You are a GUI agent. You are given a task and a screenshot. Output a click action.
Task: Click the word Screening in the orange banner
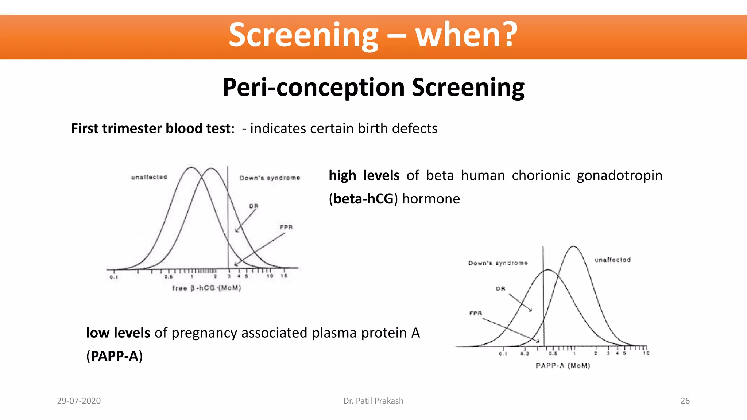[x=303, y=35]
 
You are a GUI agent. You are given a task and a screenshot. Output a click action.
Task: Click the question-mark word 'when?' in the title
[x=467, y=35]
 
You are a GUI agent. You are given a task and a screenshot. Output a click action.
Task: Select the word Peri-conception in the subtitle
[x=314, y=87]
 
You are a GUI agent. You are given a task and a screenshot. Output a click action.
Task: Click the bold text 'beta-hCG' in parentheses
[x=363, y=199]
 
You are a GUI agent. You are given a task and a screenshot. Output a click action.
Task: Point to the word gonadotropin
[x=619, y=176]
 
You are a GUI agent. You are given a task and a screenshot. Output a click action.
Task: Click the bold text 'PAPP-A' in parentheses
[x=115, y=356]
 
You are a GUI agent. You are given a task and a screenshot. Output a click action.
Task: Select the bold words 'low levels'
[x=118, y=333]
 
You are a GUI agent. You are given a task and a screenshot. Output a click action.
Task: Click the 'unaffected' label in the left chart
[x=149, y=177]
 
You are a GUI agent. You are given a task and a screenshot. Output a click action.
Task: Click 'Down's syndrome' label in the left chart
[x=270, y=178]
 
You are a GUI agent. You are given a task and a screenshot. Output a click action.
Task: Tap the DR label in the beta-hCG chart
[x=253, y=206]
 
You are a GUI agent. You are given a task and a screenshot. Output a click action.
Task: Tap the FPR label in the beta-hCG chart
[x=286, y=227]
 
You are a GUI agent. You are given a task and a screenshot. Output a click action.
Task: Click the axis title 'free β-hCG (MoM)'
[x=206, y=288]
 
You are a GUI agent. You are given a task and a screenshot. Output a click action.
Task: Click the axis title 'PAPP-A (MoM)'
[x=562, y=365]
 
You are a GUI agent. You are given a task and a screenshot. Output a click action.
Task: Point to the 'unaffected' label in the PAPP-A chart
[x=612, y=260]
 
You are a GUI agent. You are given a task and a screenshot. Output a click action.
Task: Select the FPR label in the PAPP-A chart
[x=475, y=313]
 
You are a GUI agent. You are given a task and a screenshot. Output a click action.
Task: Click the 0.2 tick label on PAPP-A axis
[x=525, y=354]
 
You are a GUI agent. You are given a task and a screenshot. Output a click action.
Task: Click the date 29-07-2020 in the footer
[x=79, y=401]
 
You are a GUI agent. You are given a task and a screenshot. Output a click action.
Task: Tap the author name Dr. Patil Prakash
[x=373, y=401]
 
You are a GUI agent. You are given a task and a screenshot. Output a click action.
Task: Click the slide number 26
[x=685, y=401]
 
